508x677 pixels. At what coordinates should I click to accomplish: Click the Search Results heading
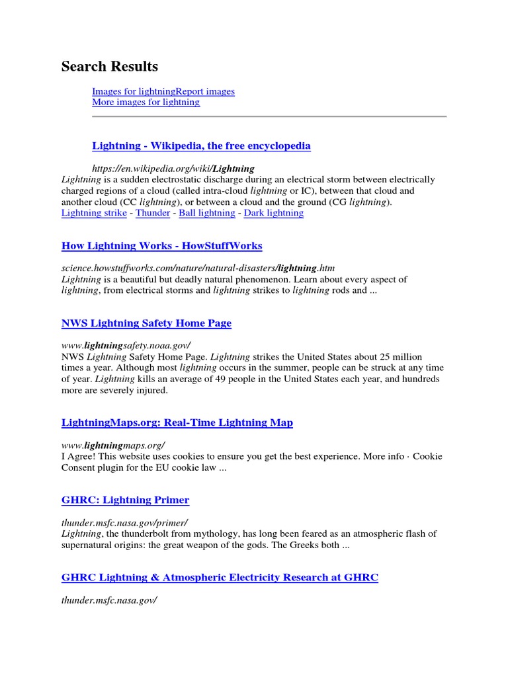(110, 67)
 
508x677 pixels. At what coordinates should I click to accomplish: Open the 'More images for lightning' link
(146, 102)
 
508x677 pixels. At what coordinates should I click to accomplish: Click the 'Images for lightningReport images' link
(163, 91)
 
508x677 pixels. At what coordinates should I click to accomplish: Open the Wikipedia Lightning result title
(201, 145)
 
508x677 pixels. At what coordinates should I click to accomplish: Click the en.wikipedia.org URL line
(173, 169)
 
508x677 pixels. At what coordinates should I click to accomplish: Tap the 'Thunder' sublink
(153, 213)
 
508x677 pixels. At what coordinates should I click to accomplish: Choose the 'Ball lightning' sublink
(207, 213)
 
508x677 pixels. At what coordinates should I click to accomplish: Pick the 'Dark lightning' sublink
(274, 213)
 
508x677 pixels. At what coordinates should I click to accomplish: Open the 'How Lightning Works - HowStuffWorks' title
(161, 246)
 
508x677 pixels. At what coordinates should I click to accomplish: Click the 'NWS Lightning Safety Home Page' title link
(146, 323)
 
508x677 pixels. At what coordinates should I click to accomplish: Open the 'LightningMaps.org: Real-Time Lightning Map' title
(177, 422)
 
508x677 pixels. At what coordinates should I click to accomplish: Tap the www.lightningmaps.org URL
(113, 445)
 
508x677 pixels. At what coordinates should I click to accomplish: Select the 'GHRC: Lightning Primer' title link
(125, 500)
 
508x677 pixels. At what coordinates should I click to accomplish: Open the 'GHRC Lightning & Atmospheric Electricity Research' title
(220, 577)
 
